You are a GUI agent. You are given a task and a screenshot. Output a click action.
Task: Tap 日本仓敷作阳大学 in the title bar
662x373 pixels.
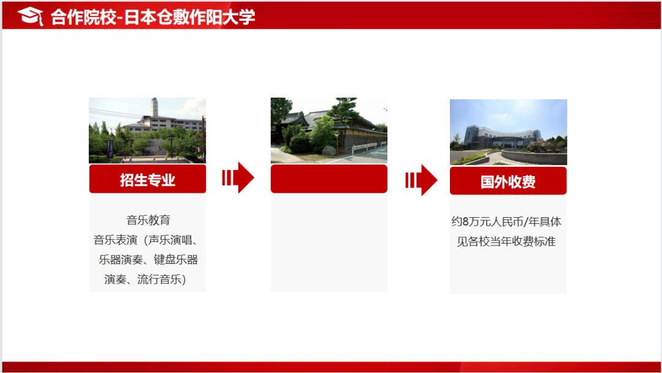click(x=189, y=17)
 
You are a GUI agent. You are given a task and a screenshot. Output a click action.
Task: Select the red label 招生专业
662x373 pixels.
click(x=147, y=179)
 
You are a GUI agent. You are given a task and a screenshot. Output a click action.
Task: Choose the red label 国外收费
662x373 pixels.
click(x=508, y=182)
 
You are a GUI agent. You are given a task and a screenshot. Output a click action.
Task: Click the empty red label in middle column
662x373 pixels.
click(x=329, y=179)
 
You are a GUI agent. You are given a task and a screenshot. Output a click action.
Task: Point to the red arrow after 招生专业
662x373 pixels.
click(x=238, y=178)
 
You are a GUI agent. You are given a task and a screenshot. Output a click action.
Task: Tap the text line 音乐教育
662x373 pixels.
click(x=148, y=220)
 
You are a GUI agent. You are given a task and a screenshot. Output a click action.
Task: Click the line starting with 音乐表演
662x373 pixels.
click(x=146, y=239)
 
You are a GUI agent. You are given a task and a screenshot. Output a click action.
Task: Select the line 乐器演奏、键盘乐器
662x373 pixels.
click(x=148, y=260)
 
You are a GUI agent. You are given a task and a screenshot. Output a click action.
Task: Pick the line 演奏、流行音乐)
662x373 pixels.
click(x=145, y=280)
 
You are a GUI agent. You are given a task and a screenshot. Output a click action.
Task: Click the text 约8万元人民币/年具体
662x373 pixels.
click(x=506, y=221)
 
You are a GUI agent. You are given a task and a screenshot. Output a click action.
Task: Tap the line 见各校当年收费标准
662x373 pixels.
click(x=506, y=241)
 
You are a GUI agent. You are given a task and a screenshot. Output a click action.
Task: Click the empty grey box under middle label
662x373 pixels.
click(x=329, y=242)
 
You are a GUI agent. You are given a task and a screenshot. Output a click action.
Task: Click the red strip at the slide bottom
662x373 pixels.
click(x=331, y=367)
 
